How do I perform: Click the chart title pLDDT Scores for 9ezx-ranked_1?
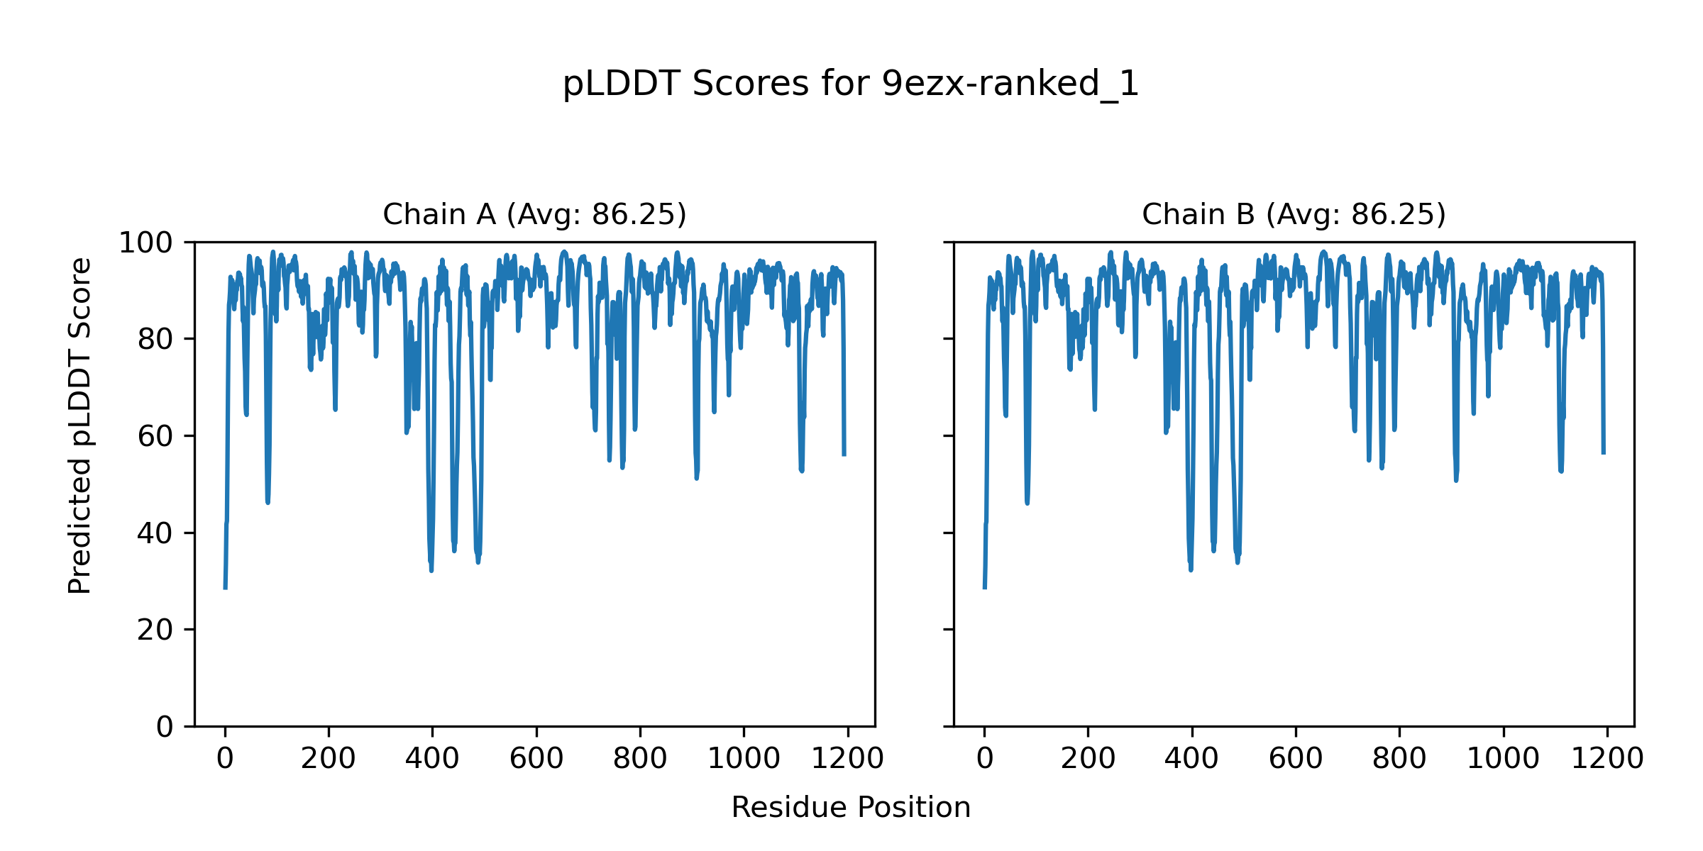click(x=851, y=84)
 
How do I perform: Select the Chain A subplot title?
click(x=534, y=214)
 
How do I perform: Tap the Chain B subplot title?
click(x=1294, y=214)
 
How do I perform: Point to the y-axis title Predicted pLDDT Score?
click(x=79, y=425)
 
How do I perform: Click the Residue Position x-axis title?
click(x=851, y=808)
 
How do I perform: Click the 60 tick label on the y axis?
click(x=155, y=436)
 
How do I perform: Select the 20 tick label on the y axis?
click(x=155, y=630)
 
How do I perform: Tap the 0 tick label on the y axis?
click(x=164, y=727)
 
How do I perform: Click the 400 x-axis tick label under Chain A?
click(x=432, y=759)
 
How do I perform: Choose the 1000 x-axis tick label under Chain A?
click(x=744, y=759)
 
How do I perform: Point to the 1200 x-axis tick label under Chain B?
click(x=1607, y=759)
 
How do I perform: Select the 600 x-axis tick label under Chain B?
click(x=1296, y=759)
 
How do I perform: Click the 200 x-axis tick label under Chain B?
click(x=1088, y=759)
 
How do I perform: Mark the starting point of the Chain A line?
click(x=225, y=588)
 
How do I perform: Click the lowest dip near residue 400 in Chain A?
click(x=431, y=570)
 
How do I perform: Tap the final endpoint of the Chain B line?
click(x=1604, y=453)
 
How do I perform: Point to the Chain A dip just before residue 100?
click(x=268, y=502)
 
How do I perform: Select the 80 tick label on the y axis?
click(x=155, y=340)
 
